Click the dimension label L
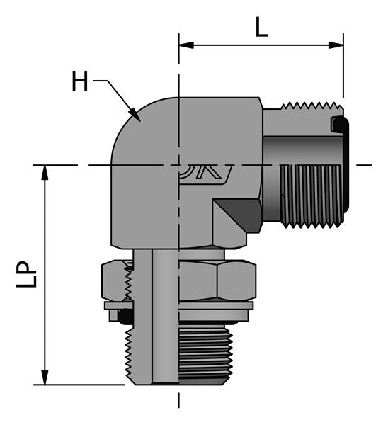[x=261, y=28]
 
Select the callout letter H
[x=80, y=82]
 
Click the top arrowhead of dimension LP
[x=45, y=171]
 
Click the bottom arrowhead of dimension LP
[x=45, y=380]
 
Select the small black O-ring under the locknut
[x=125, y=315]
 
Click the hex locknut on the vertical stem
[x=212, y=280]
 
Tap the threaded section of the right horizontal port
[x=312, y=195]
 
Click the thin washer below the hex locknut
[x=212, y=306]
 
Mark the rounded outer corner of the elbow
[x=131, y=124]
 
